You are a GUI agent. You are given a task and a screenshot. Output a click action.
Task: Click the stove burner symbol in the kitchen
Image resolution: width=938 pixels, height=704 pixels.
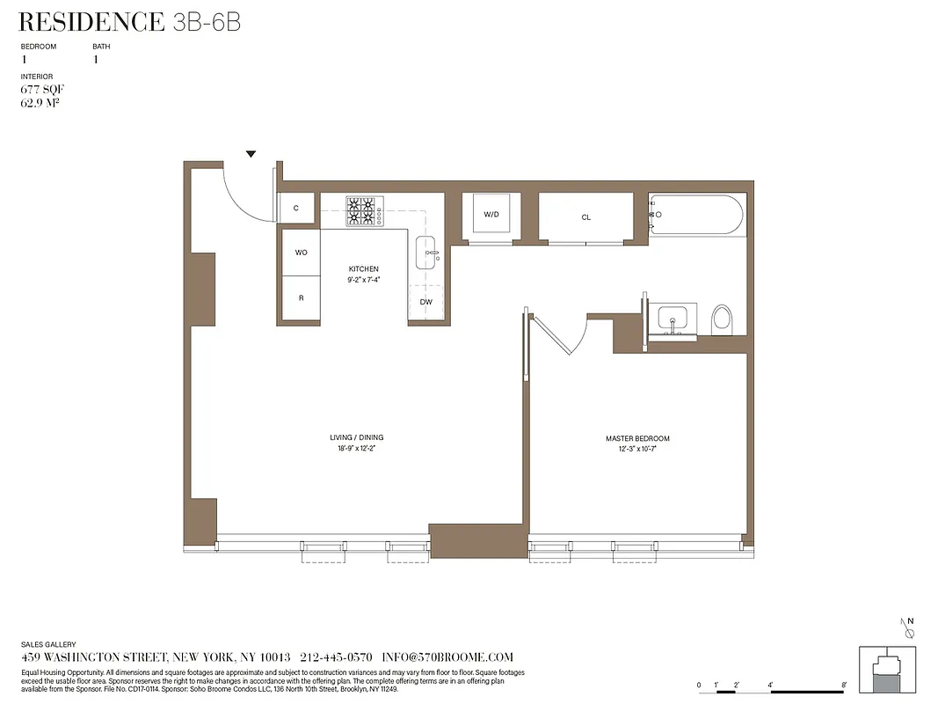pyautogui.click(x=360, y=211)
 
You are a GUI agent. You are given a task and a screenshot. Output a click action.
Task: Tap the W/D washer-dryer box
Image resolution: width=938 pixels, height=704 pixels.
pyautogui.click(x=491, y=215)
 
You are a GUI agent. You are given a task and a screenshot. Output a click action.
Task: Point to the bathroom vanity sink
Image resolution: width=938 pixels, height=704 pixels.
pyautogui.click(x=674, y=319)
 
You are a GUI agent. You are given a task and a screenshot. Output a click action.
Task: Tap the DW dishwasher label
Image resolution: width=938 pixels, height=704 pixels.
pyautogui.click(x=425, y=302)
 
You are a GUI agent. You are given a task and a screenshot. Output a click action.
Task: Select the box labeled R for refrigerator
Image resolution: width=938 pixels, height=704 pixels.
pyautogui.click(x=301, y=298)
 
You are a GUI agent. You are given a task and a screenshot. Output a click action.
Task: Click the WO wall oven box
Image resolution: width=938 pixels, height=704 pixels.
pyautogui.click(x=301, y=253)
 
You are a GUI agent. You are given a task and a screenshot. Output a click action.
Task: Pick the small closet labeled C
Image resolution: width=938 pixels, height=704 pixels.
pyautogui.click(x=296, y=209)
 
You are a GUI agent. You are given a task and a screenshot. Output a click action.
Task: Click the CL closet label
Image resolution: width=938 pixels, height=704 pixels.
pyautogui.click(x=585, y=216)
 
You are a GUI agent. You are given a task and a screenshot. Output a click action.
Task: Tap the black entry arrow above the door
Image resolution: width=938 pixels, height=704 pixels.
pyautogui.click(x=251, y=154)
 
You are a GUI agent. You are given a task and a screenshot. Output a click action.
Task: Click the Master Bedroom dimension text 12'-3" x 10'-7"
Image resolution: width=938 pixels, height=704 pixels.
pyautogui.click(x=637, y=449)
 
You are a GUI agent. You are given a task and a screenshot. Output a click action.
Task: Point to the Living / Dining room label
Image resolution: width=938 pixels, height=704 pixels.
pyautogui.click(x=356, y=437)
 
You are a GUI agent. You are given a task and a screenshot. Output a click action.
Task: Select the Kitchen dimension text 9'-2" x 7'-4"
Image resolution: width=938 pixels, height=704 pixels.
pyautogui.click(x=363, y=280)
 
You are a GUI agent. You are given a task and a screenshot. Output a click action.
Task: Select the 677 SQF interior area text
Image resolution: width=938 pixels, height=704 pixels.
pyautogui.click(x=43, y=90)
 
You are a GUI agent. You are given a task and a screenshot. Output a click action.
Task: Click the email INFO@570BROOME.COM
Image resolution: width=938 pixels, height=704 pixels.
pyautogui.click(x=447, y=657)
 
